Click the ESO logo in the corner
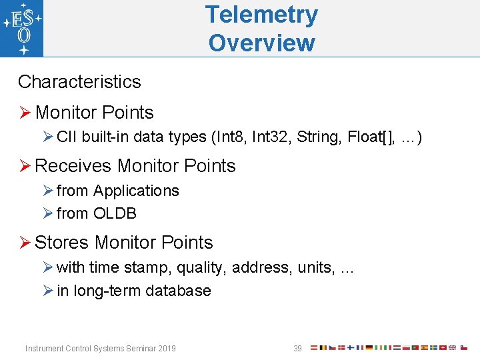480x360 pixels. pos(22,28)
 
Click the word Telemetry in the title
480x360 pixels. pos(261,15)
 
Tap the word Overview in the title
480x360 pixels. pos(261,43)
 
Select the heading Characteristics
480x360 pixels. pos(79,82)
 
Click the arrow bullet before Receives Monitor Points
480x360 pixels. pos(25,166)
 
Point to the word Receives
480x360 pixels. pos(73,166)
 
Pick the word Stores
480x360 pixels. pos(62,243)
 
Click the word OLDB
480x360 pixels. pos(115,214)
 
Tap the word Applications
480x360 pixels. pos(136,191)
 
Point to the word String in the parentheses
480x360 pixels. pos(319,137)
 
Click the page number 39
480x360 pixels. pos(298,349)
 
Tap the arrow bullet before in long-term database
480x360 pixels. pos(47,291)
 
